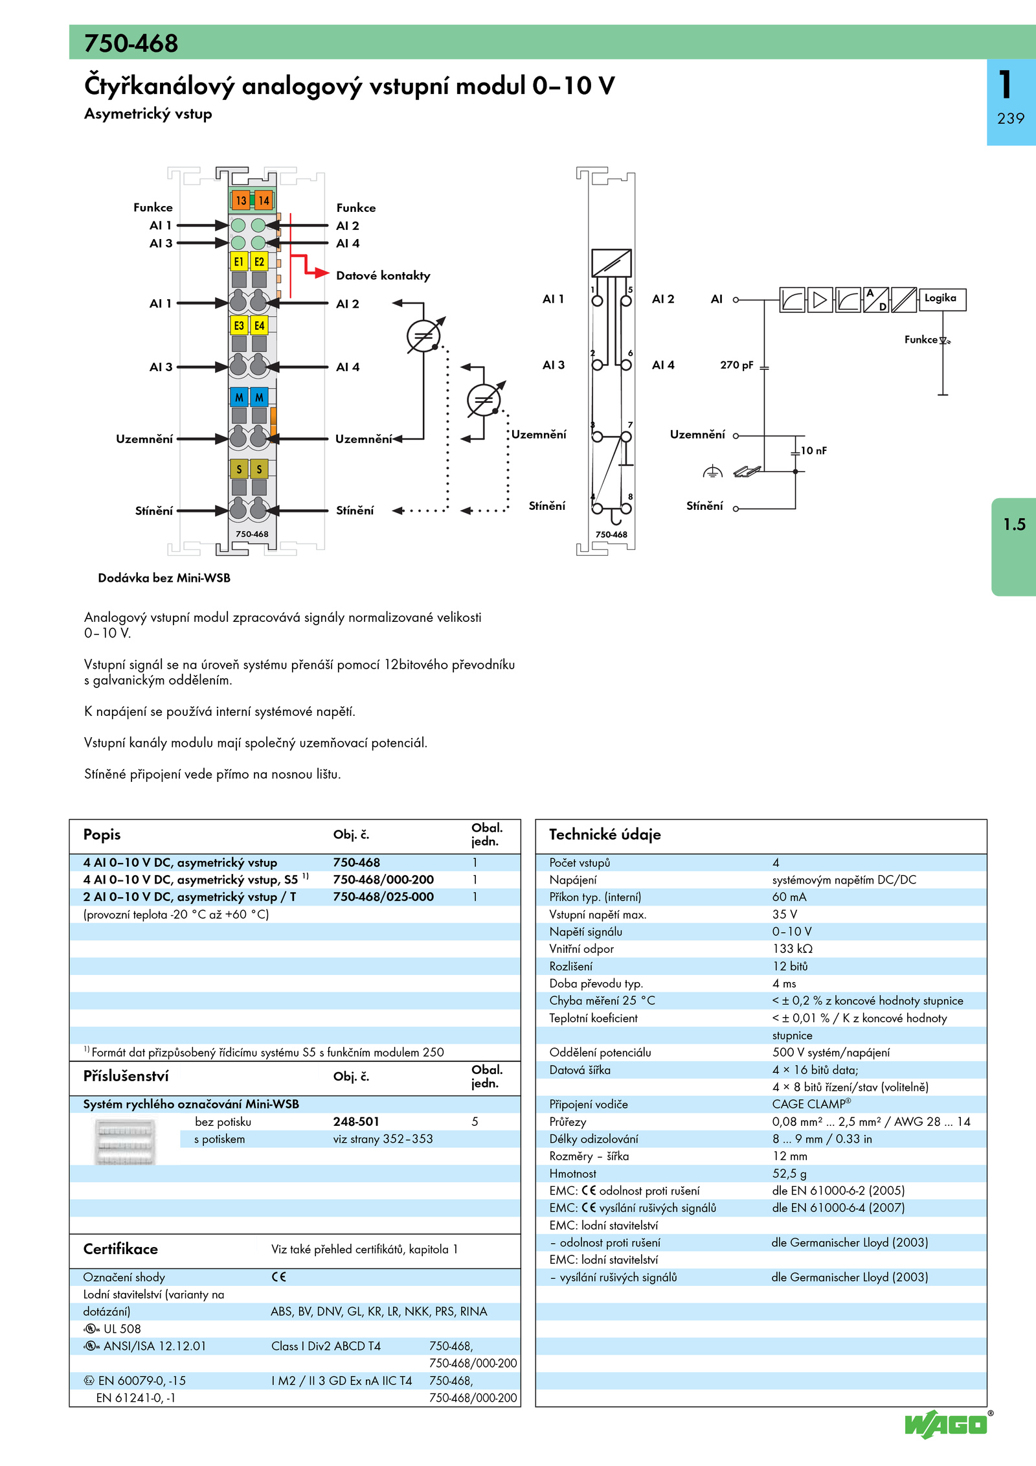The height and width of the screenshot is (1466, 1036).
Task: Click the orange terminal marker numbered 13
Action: coord(241,200)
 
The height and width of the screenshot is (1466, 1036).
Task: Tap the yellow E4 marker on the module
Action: coord(259,325)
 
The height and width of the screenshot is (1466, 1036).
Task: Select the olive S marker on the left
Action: coord(239,468)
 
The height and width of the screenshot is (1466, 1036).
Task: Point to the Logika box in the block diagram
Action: coord(942,299)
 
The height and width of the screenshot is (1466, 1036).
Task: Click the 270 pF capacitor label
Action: coord(737,365)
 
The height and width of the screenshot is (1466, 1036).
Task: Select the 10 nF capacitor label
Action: coord(814,450)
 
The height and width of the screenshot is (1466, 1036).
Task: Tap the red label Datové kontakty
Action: coord(383,275)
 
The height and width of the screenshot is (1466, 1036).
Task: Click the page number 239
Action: coord(1011,119)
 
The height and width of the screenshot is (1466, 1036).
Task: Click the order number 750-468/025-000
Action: coord(383,897)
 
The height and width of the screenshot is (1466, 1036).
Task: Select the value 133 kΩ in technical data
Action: coord(792,948)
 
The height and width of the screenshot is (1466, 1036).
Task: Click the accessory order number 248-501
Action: coord(356,1121)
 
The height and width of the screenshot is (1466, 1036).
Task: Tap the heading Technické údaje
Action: coord(605,834)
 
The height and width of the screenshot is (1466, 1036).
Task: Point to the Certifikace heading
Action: coord(120,1249)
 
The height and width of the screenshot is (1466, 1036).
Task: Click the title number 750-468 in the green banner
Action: coord(131,43)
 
